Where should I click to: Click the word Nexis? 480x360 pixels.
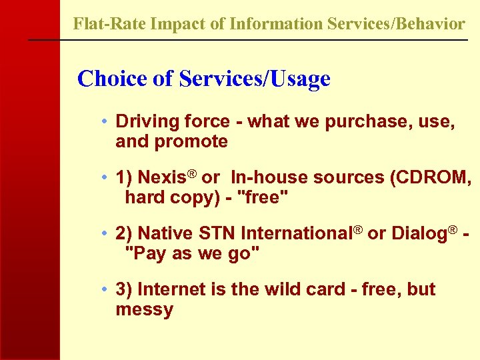[x=161, y=178]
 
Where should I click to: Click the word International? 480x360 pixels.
[x=296, y=234]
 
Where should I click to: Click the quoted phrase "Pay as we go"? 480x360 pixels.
[x=193, y=254]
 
